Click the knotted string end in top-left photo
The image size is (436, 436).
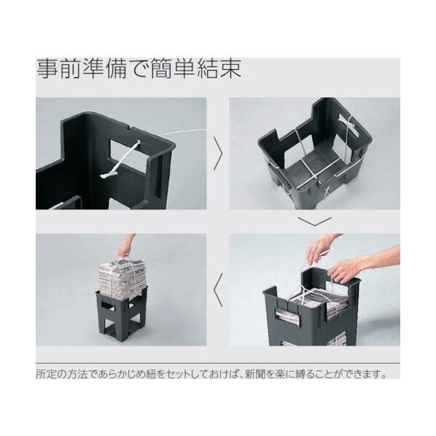pyautogui.click(x=107, y=175)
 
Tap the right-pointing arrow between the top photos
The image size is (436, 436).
pyautogui.click(x=218, y=153)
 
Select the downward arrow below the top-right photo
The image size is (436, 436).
pyautogui.click(x=315, y=222)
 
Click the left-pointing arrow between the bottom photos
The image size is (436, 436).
pyautogui.click(x=218, y=289)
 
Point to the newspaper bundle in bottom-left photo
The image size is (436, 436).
pyautogui.click(x=122, y=276)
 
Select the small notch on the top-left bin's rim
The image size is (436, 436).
pyautogui.click(x=130, y=129)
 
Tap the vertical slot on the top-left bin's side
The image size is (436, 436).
pyautogui.click(x=158, y=174)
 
